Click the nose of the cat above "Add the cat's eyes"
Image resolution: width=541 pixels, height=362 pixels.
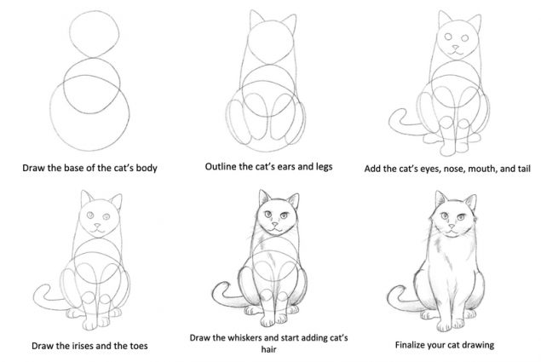point(458,45)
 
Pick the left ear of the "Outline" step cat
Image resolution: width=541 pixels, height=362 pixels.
point(254,19)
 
